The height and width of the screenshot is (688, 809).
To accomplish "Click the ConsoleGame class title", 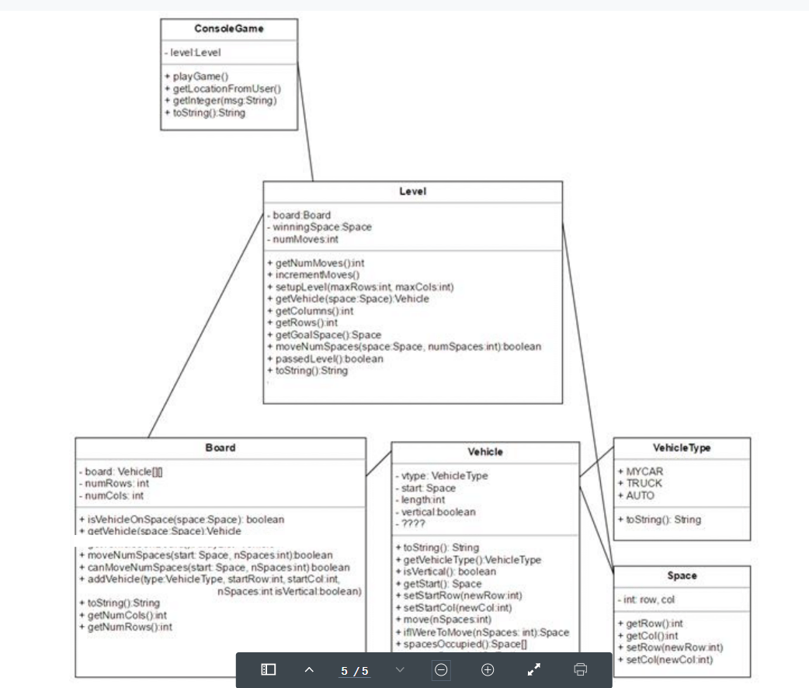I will (228, 29).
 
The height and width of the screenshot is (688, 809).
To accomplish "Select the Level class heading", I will (412, 191).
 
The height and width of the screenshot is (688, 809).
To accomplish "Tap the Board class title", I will (220, 448).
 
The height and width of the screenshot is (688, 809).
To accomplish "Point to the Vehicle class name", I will (485, 452).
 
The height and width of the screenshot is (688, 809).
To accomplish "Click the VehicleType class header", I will (682, 448).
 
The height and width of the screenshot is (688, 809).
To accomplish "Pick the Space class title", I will (682, 576).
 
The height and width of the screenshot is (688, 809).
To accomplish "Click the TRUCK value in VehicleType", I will (644, 483).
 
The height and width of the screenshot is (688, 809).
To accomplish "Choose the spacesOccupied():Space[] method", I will (461, 644).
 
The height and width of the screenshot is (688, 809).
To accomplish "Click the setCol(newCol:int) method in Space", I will (665, 659).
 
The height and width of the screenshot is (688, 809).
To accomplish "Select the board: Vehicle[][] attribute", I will (120, 471).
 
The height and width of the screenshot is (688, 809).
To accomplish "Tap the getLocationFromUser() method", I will (222, 89).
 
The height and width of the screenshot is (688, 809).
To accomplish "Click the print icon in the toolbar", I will (580, 669).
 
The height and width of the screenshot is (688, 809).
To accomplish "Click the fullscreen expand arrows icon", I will (534, 669).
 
